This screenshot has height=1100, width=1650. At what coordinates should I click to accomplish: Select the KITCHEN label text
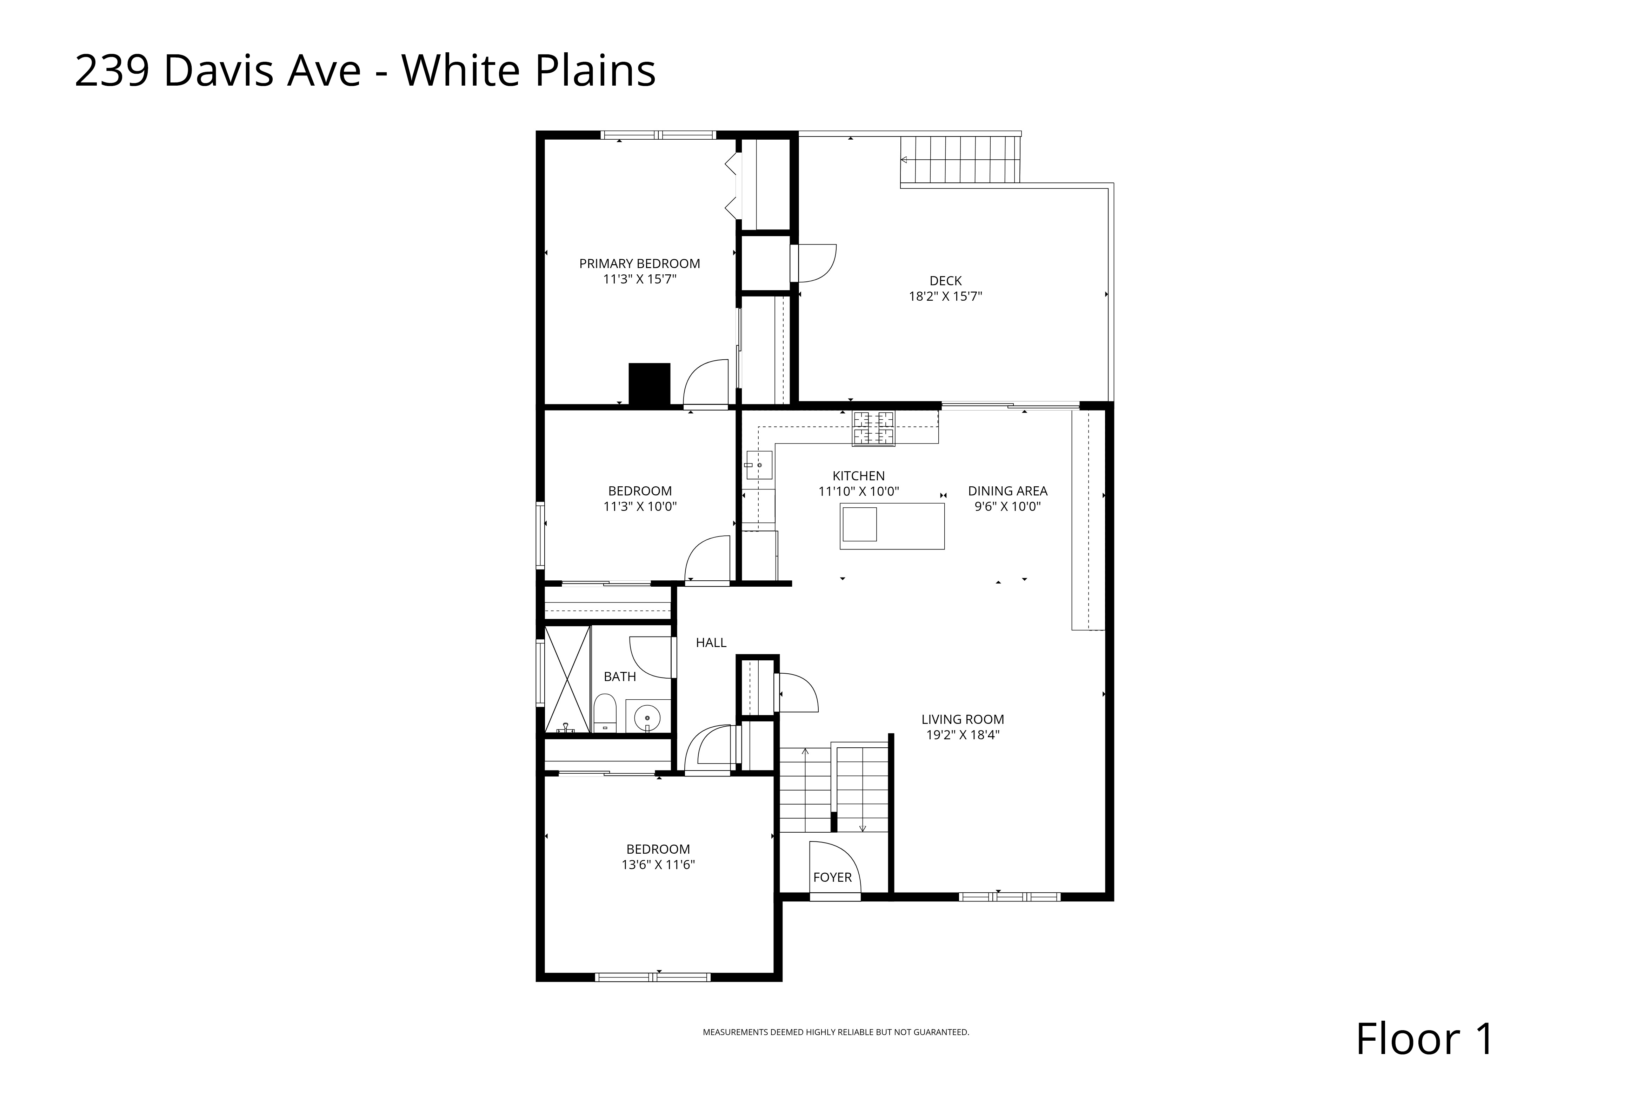pos(859,476)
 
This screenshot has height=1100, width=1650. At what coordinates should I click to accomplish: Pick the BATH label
pos(620,677)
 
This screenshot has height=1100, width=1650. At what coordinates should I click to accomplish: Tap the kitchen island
pos(892,526)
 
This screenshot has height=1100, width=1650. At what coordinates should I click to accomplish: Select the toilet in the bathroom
pos(605,713)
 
